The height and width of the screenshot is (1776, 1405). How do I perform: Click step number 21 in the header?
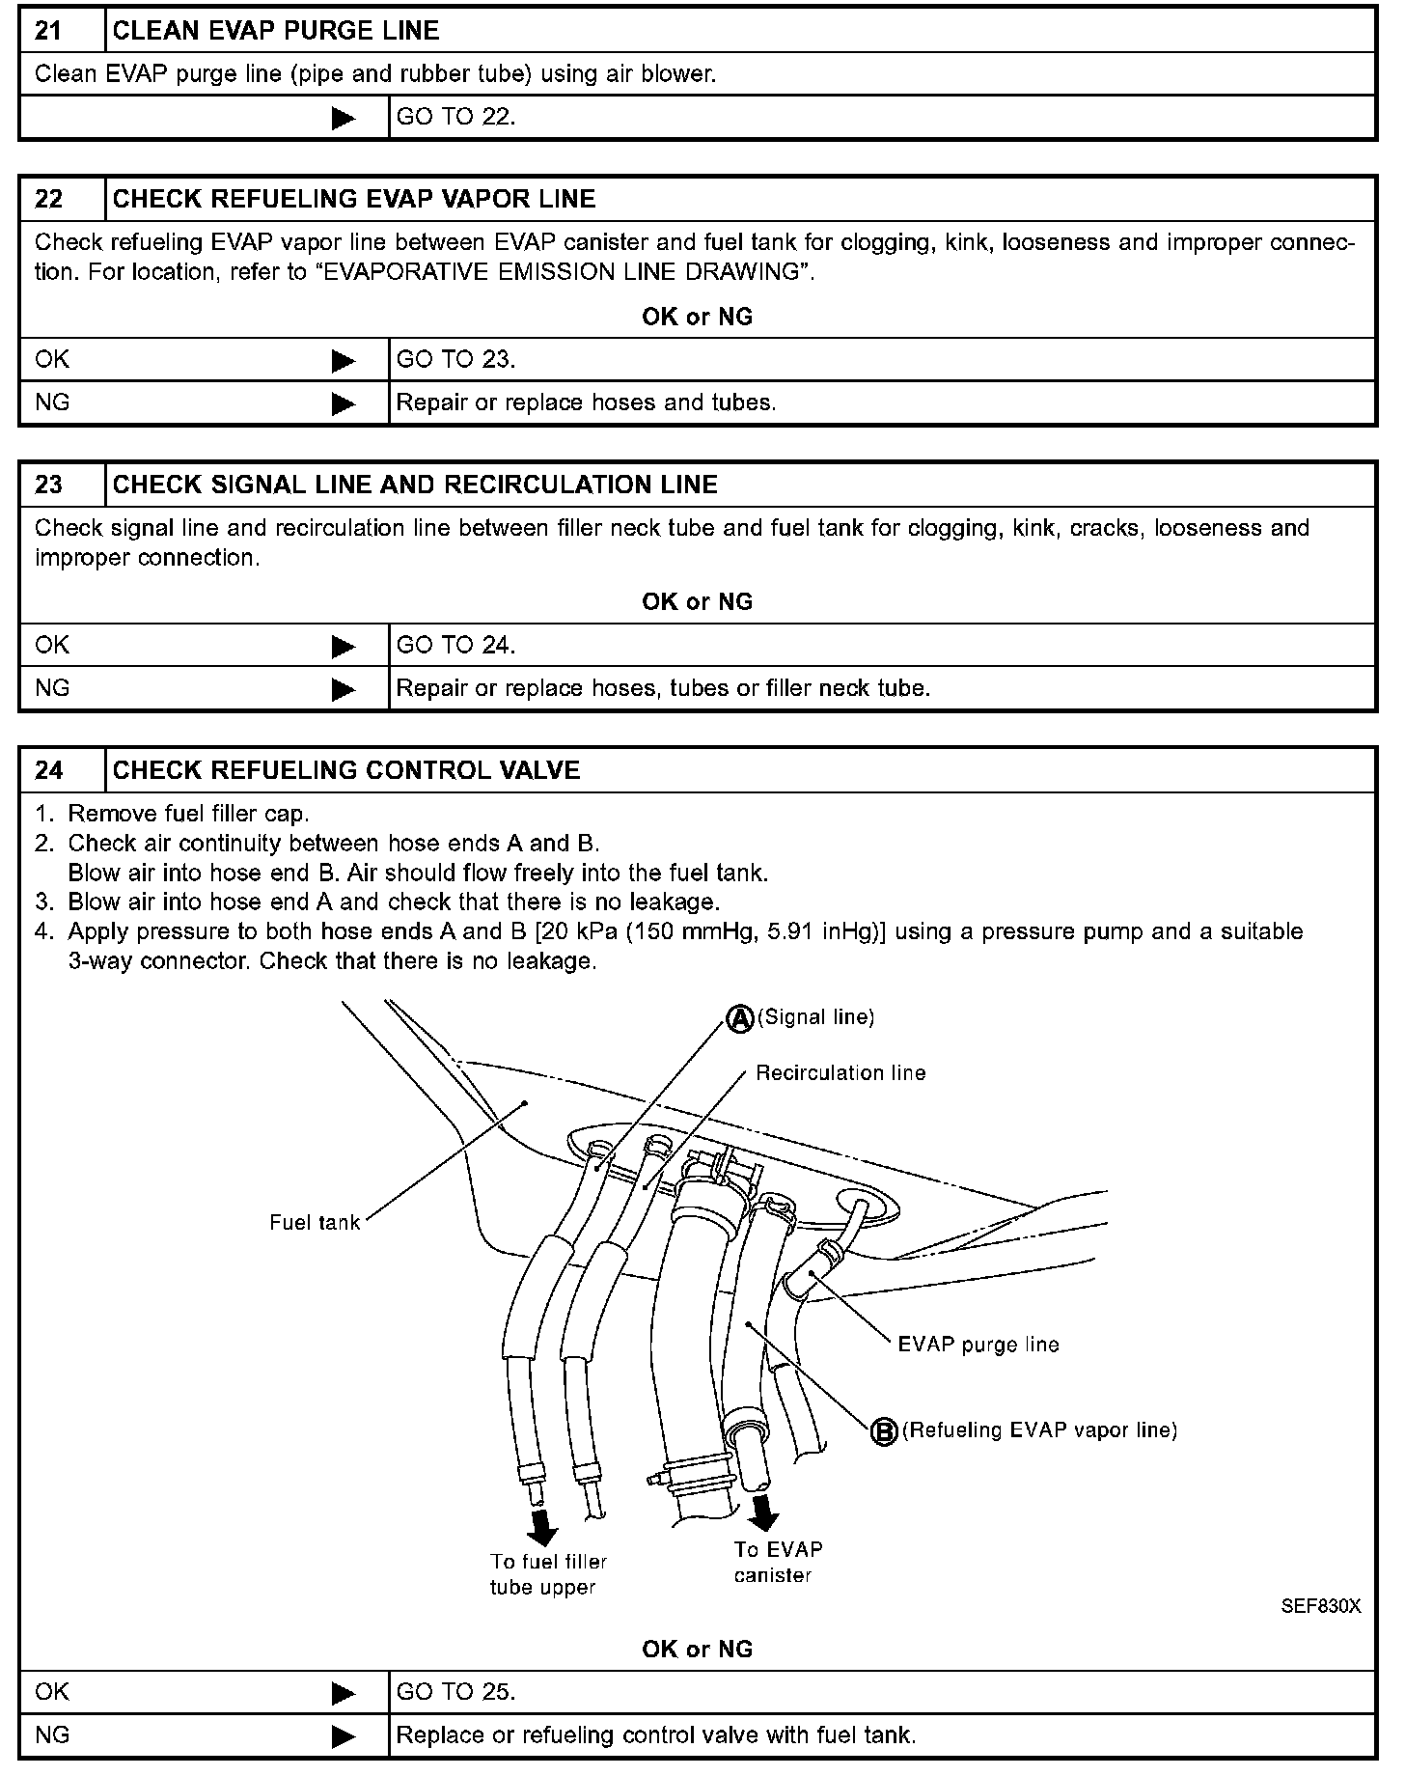(x=48, y=31)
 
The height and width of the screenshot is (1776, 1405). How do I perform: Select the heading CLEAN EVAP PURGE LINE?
(x=276, y=31)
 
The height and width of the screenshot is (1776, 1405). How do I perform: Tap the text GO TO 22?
(x=455, y=117)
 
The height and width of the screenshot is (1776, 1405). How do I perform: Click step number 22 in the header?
(x=48, y=199)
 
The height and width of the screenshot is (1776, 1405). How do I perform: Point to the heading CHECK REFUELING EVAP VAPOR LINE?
(x=354, y=199)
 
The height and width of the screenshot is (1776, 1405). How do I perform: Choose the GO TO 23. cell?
(x=455, y=360)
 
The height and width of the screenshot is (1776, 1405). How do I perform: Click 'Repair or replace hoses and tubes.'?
(x=586, y=402)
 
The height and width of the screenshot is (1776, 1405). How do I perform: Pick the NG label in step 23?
(x=52, y=688)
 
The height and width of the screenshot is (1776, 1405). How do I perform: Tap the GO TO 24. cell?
(x=455, y=645)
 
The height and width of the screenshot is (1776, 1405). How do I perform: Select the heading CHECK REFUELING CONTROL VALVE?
(x=346, y=770)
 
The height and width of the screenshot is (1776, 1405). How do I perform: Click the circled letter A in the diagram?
(x=739, y=1019)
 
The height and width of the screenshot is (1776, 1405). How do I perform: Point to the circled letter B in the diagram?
(x=884, y=1432)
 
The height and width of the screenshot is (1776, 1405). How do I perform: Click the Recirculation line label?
(x=840, y=1073)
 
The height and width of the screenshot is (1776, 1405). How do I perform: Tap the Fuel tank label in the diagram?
(x=315, y=1223)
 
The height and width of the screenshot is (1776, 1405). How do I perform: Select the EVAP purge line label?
(x=978, y=1346)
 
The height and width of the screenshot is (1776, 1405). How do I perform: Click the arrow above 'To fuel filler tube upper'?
(x=543, y=1526)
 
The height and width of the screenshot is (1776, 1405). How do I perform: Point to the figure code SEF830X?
(x=1320, y=1607)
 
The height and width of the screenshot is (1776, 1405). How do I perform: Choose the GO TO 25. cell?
(x=455, y=1692)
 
